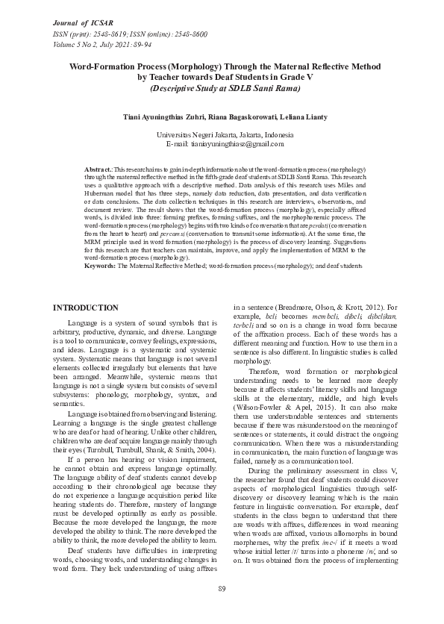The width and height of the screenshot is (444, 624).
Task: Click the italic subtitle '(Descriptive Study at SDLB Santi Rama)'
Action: click(x=225, y=88)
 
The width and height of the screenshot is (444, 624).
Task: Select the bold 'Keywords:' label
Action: click(x=100, y=265)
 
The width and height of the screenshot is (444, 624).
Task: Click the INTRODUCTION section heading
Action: click(x=87, y=308)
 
